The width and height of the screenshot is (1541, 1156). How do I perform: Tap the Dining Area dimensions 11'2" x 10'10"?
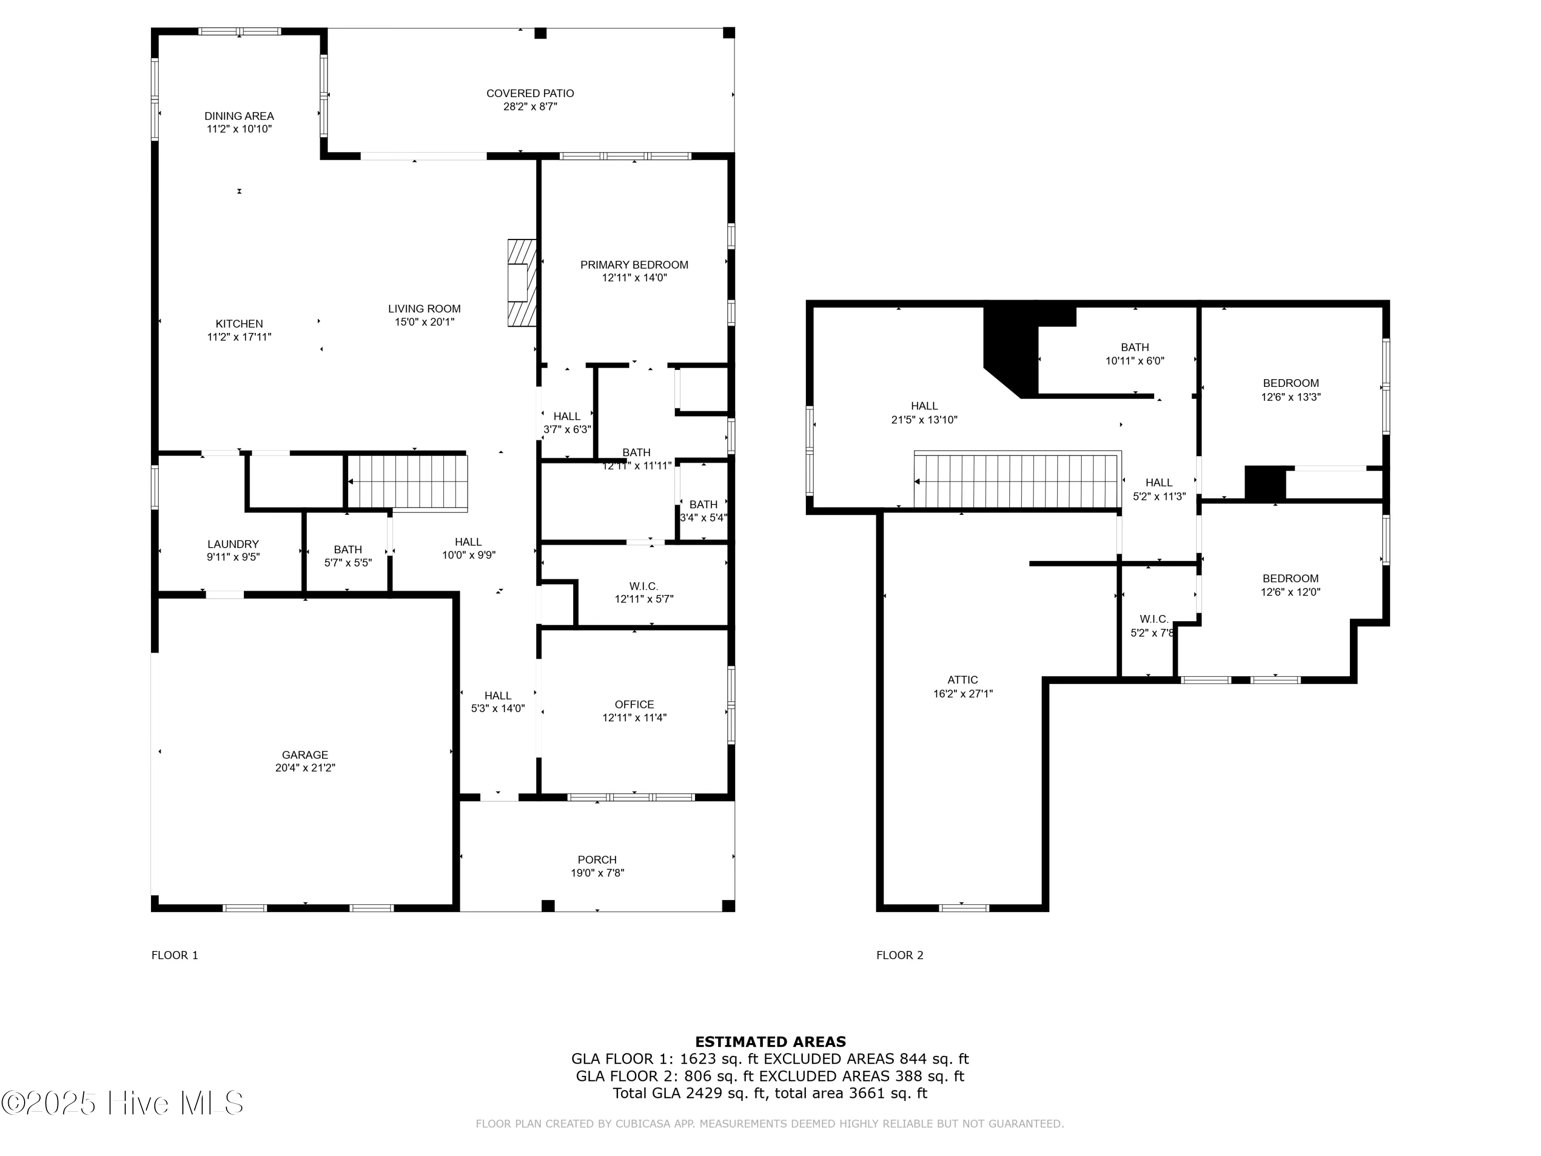point(239,129)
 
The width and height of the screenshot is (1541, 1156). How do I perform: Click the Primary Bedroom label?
point(634,265)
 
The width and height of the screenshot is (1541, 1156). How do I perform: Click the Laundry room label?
point(233,544)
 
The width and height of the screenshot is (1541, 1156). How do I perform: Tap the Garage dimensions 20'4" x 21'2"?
point(305,768)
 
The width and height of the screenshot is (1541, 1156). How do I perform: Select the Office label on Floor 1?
point(634,704)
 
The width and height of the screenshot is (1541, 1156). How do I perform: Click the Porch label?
point(597,860)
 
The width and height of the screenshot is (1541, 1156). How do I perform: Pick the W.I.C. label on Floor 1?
point(643,587)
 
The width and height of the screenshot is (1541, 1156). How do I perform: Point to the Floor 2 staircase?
point(1017,481)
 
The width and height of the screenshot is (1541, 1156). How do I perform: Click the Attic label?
point(962,680)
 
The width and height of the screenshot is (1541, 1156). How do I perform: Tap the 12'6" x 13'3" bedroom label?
point(1290,383)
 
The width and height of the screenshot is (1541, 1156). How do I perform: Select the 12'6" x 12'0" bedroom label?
point(1290,579)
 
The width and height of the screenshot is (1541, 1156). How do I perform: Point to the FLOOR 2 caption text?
point(899,955)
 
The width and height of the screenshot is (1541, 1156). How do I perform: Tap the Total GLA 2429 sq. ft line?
point(770,1093)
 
